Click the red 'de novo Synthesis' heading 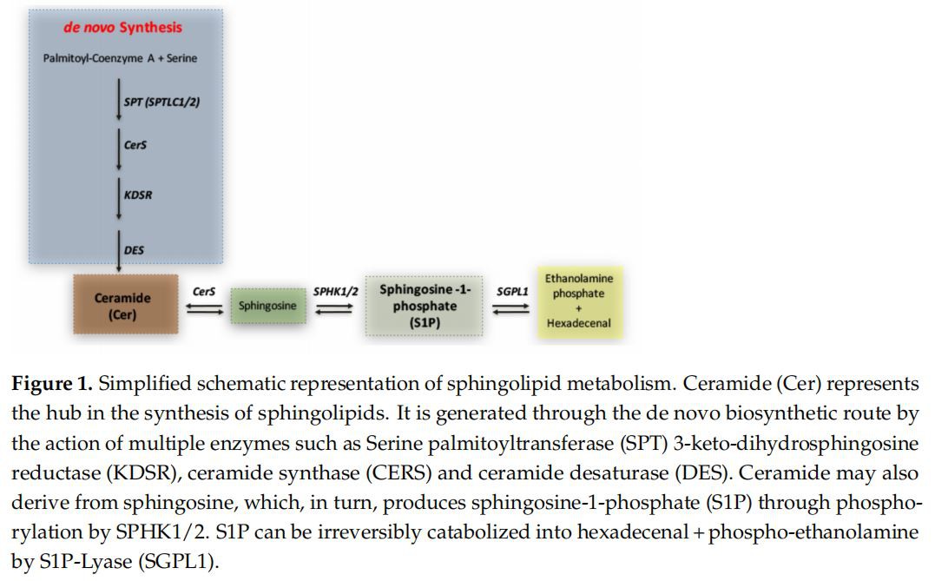[122, 28]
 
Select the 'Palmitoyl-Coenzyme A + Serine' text [120, 58]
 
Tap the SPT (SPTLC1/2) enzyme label [162, 102]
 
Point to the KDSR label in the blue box [138, 195]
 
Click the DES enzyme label [135, 250]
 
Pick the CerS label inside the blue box [135, 145]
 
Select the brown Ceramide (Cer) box [122, 306]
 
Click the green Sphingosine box [267, 306]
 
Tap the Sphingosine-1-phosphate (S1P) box [425, 306]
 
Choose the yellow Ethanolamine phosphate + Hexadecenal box [578, 300]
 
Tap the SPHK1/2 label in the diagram [335, 292]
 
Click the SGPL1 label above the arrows [512, 292]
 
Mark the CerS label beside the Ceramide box [204, 293]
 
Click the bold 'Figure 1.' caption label [49, 384]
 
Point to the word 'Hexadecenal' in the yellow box [578, 324]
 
